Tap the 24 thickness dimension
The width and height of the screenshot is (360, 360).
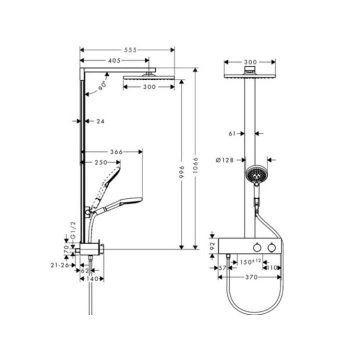(x=100, y=121)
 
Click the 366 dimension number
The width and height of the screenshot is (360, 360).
(x=115, y=151)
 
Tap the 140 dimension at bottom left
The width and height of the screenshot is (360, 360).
(x=92, y=278)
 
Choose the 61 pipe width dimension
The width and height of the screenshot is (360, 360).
(x=232, y=133)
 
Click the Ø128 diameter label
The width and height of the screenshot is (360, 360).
(x=224, y=160)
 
